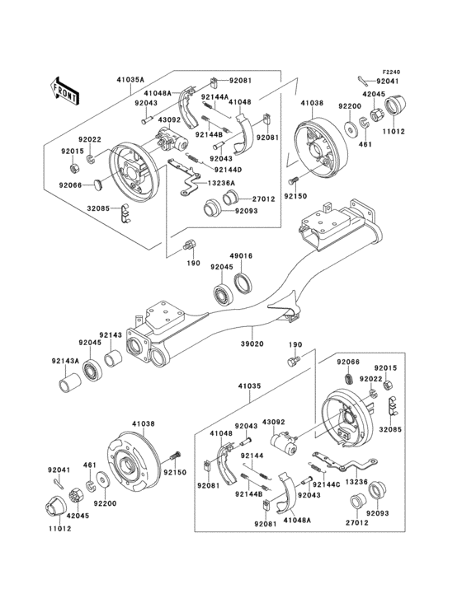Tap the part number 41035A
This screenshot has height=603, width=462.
click(130, 80)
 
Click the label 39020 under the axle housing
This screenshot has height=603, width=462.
click(252, 344)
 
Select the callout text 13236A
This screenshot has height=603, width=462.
click(222, 183)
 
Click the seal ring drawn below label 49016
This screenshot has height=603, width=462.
click(245, 284)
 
